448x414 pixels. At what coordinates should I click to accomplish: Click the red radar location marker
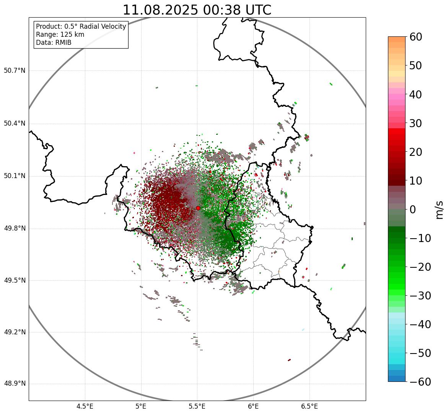(198, 208)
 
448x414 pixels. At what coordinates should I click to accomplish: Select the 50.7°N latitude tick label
(15, 71)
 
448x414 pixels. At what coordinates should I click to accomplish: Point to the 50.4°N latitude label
(15, 124)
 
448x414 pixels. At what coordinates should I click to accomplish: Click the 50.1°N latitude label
(15, 176)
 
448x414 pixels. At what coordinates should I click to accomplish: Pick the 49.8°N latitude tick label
(15, 229)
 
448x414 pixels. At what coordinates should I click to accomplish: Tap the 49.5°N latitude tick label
(15, 280)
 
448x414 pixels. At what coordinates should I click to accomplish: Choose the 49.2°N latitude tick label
(15, 332)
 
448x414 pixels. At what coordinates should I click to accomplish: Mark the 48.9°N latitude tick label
(15, 384)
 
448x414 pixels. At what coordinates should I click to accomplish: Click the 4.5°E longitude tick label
(85, 406)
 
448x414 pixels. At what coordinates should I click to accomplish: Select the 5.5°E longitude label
(197, 406)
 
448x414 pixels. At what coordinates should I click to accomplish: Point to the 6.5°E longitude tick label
(309, 406)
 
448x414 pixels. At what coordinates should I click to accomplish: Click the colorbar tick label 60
(416, 37)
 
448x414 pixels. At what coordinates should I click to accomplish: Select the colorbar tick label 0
(413, 209)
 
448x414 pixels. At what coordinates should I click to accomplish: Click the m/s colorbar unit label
(440, 209)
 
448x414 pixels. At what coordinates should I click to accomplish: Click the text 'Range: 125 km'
(60, 34)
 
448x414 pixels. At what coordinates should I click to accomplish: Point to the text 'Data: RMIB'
(54, 43)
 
